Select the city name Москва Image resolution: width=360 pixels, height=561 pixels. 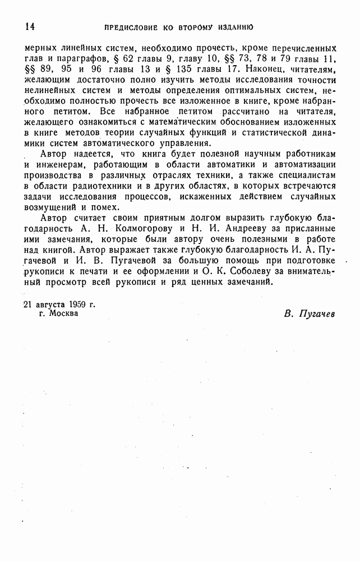tap(63, 314)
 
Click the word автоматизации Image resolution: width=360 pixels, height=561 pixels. tap(302, 164)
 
